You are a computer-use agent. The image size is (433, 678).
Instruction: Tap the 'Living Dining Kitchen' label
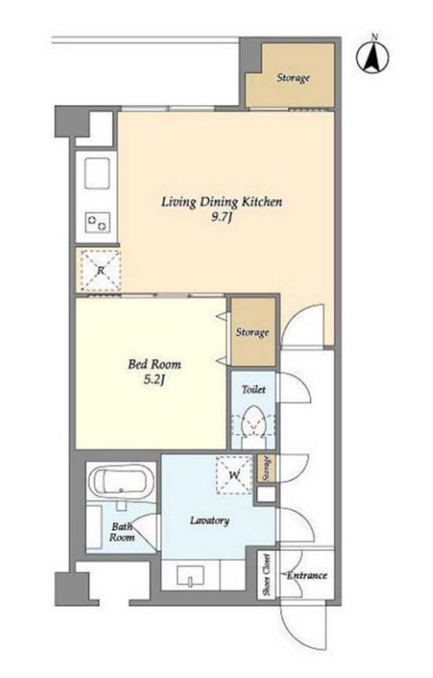[x=222, y=202]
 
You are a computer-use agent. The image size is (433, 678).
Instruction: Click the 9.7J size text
[x=222, y=218]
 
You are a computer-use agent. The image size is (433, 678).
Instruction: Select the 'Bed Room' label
[x=154, y=364]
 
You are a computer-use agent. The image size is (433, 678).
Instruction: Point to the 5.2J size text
[x=155, y=380]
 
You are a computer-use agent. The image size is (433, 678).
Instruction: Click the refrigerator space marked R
[x=101, y=271]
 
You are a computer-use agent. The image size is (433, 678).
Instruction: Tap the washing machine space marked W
[x=234, y=475]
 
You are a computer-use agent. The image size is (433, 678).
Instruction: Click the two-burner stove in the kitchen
[x=97, y=222]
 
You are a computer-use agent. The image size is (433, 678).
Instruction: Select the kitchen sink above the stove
[x=97, y=173]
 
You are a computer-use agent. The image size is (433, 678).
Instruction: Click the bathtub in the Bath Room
[x=121, y=482]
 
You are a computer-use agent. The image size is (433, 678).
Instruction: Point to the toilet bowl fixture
[x=254, y=426]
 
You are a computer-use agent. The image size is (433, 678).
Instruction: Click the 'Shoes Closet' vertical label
[x=266, y=575]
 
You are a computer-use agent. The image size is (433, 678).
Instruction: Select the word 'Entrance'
[x=308, y=576]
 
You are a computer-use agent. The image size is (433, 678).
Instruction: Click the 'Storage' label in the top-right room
[x=293, y=78]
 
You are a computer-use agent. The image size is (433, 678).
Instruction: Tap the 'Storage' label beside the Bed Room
[x=253, y=332]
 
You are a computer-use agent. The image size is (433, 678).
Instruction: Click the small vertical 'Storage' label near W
[x=266, y=468]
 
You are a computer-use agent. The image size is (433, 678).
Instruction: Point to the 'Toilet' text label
[x=254, y=389]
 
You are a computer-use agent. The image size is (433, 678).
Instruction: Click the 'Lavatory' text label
[x=210, y=520]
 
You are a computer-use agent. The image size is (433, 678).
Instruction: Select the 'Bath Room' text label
[x=122, y=532]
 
